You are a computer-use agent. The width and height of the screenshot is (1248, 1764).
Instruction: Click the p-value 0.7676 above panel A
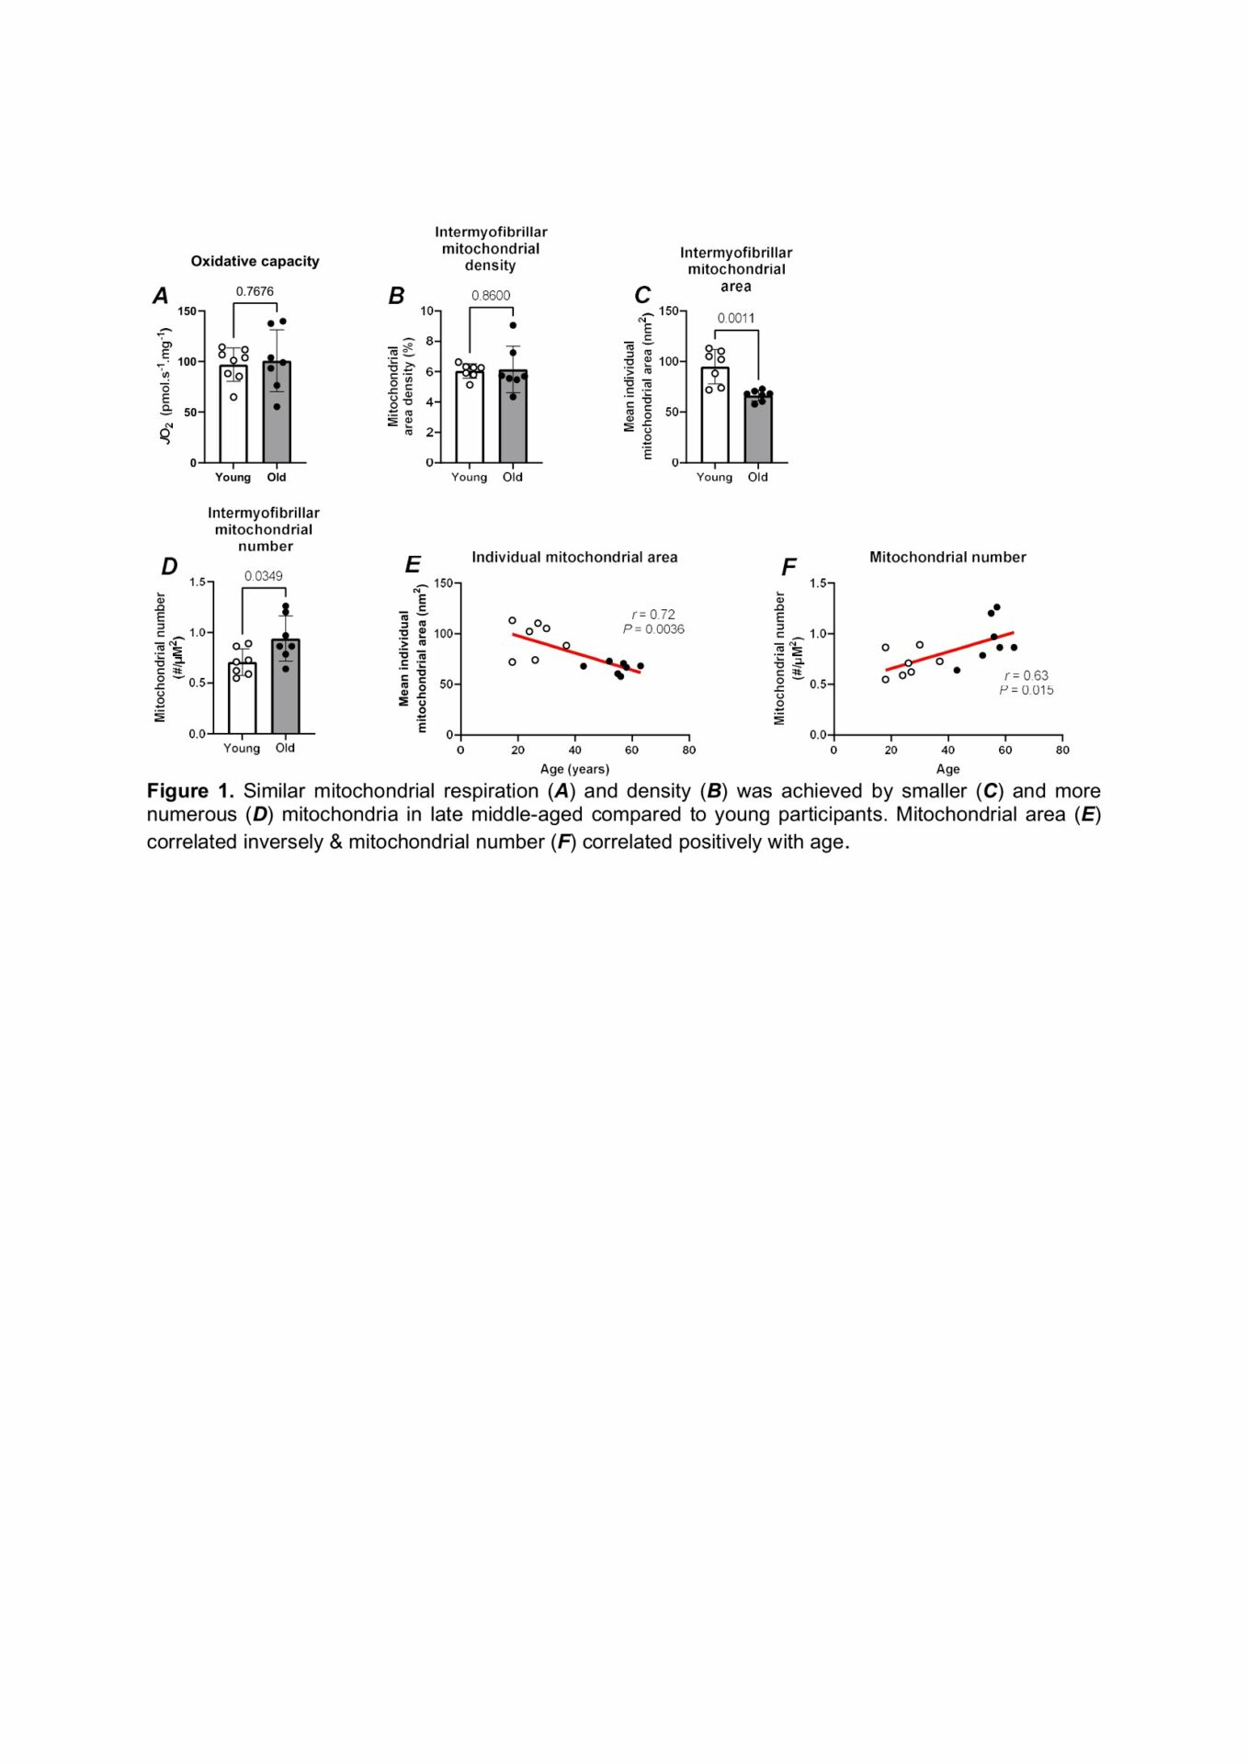pyautogui.click(x=255, y=291)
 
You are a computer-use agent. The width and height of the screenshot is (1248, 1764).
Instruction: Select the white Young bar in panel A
pyautogui.click(x=233, y=413)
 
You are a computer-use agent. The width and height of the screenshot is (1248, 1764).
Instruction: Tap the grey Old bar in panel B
pyautogui.click(x=513, y=416)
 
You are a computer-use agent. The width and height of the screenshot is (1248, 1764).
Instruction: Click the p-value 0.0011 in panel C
pyautogui.click(x=736, y=318)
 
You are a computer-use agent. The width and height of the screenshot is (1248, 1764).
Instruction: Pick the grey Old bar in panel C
pyautogui.click(x=758, y=428)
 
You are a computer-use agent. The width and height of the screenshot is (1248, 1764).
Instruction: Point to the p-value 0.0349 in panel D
pyautogui.click(x=264, y=576)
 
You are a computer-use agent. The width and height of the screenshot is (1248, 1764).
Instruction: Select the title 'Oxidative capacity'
pyautogui.click(x=255, y=261)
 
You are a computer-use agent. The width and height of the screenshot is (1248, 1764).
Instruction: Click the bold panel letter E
pyautogui.click(x=413, y=565)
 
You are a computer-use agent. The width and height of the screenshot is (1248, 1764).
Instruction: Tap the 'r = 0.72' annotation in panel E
pyautogui.click(x=653, y=615)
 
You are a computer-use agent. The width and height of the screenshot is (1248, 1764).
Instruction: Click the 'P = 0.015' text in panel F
pyautogui.click(x=1027, y=690)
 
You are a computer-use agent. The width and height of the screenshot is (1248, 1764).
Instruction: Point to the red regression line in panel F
pyautogui.click(x=949, y=651)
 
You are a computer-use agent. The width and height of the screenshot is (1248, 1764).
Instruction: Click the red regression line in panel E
pyautogui.click(x=576, y=653)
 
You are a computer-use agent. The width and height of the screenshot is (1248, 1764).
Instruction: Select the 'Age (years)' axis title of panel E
pyautogui.click(x=574, y=769)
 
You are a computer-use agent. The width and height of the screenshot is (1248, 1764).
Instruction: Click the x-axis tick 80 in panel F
pyautogui.click(x=1062, y=750)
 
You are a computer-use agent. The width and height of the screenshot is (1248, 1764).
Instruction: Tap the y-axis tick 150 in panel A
pyautogui.click(x=187, y=311)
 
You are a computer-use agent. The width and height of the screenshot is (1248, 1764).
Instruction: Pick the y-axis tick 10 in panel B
pyautogui.click(x=426, y=311)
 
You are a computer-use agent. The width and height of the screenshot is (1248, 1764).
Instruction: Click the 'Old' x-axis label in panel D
pyautogui.click(x=286, y=748)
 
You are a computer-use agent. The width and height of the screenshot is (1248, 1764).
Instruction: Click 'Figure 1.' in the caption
pyautogui.click(x=190, y=791)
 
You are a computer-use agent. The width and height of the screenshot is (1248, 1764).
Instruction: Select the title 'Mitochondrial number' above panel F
pyautogui.click(x=947, y=557)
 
